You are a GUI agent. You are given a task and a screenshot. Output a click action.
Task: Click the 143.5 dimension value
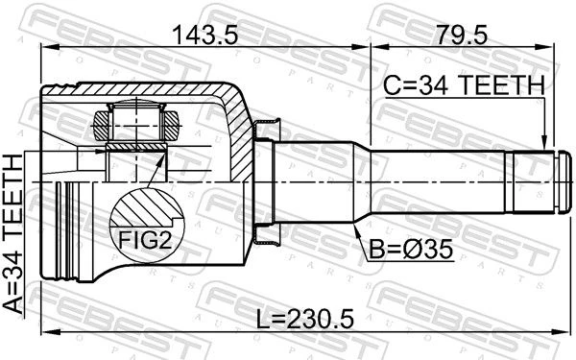tap(205, 36)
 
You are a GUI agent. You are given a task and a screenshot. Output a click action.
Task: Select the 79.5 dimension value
tap(462, 36)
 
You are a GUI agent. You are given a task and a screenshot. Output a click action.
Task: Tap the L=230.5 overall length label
tap(305, 319)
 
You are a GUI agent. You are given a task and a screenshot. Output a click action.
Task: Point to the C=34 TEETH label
tap(464, 84)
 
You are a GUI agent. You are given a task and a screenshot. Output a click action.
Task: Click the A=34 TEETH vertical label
tap(12, 234)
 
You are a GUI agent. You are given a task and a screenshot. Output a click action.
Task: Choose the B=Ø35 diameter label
tap(411, 250)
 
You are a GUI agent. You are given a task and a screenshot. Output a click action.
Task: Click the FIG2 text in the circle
tap(145, 241)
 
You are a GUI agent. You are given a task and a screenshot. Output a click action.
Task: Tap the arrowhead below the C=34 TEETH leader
tap(544, 143)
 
